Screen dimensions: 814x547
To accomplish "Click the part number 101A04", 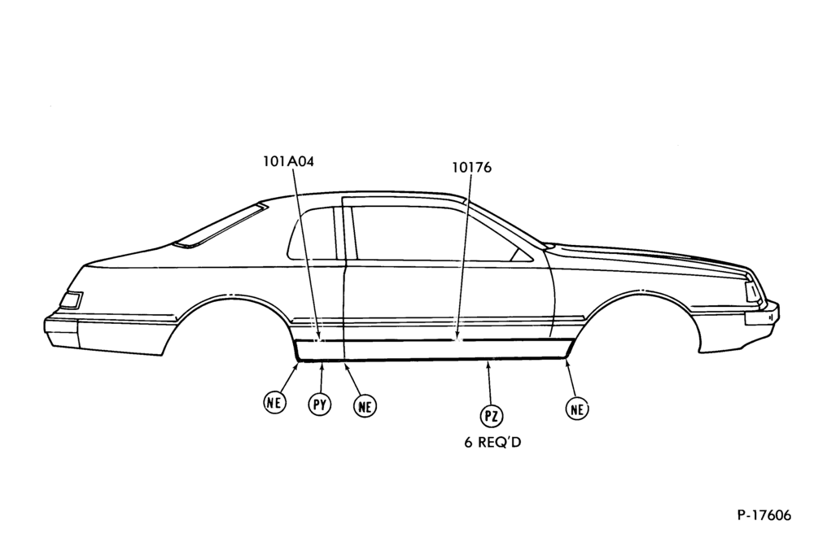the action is tap(289, 161).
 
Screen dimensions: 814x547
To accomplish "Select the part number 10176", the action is tap(471, 168).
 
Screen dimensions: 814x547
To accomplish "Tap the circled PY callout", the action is tap(320, 405).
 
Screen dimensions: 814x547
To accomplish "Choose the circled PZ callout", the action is tap(491, 416).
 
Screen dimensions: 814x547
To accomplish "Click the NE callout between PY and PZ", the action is tap(365, 406).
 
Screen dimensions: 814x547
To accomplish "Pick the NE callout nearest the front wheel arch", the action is tap(577, 409).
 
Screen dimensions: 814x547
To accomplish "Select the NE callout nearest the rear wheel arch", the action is tap(274, 402).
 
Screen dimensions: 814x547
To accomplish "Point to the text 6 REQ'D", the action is tap(492, 442).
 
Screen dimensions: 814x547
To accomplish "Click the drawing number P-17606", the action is tap(764, 515).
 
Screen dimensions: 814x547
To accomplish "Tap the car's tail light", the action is tap(71, 300).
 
